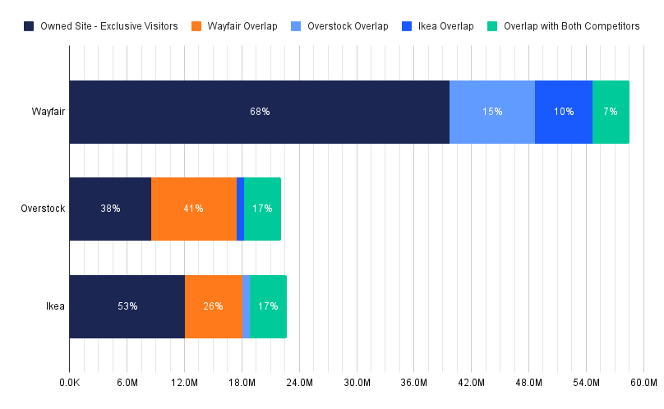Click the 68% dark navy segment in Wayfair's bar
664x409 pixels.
click(260, 112)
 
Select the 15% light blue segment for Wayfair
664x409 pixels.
click(492, 112)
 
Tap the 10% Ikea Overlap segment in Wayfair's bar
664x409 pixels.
click(564, 112)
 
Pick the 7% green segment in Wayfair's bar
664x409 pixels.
click(611, 112)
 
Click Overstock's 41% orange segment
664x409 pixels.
click(194, 209)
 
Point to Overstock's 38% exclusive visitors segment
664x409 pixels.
click(110, 209)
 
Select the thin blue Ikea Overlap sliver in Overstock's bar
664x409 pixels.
click(241, 209)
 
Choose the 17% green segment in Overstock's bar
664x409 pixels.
click(262, 209)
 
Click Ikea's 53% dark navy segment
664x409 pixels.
click(127, 306)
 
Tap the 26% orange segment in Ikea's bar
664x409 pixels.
click(214, 306)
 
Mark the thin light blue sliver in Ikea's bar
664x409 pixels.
click(246, 306)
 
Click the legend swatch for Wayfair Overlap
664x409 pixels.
click(196, 26)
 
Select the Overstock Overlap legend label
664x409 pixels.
click(348, 26)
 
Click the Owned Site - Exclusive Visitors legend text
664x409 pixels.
click(109, 26)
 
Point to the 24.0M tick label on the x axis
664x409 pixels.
click(299, 384)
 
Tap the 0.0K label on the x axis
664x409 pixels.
click(70, 384)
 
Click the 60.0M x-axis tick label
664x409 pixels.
click(643, 384)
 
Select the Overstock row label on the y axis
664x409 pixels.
click(43, 209)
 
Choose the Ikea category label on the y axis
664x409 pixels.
click(56, 306)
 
